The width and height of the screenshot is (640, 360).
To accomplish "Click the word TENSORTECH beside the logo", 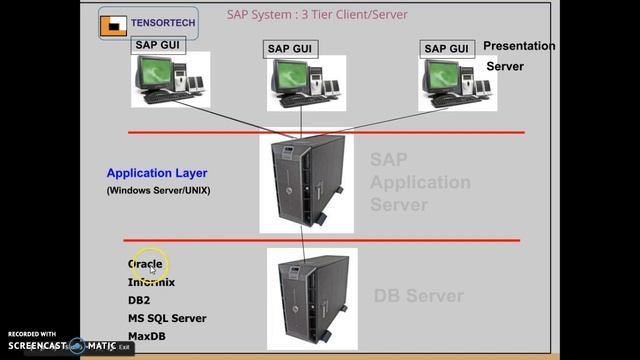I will (x=162, y=20).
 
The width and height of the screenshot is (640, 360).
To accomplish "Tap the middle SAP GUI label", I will (x=291, y=49).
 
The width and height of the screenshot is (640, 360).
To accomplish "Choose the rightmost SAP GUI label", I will (x=446, y=48).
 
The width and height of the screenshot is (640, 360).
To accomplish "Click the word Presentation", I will (x=519, y=46).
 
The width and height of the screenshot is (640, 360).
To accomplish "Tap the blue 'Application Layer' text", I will (x=157, y=173).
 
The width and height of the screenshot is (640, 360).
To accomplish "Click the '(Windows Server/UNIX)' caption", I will (x=158, y=190).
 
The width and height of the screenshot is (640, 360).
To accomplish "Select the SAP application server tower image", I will (x=305, y=183).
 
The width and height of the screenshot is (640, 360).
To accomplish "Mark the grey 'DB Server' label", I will (x=418, y=296).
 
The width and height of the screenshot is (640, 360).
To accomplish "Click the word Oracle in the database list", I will (x=145, y=264).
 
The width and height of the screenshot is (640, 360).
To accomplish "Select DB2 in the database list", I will (x=139, y=300).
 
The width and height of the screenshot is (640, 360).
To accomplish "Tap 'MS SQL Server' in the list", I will (x=166, y=318).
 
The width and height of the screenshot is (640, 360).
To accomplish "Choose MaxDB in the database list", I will (x=146, y=336).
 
